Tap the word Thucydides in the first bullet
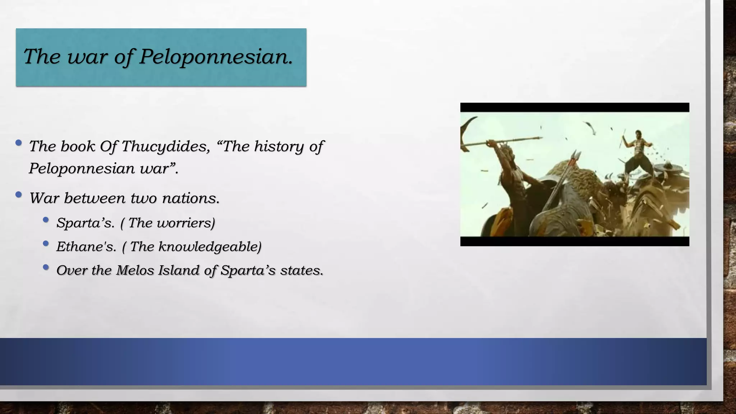point(165,146)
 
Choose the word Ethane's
point(86,247)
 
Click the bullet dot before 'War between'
point(19,195)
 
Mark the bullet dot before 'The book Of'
point(19,143)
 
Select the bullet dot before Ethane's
point(46,244)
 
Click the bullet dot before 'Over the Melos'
point(46,267)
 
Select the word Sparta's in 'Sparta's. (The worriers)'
point(85,223)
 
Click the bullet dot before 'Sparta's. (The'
point(46,220)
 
